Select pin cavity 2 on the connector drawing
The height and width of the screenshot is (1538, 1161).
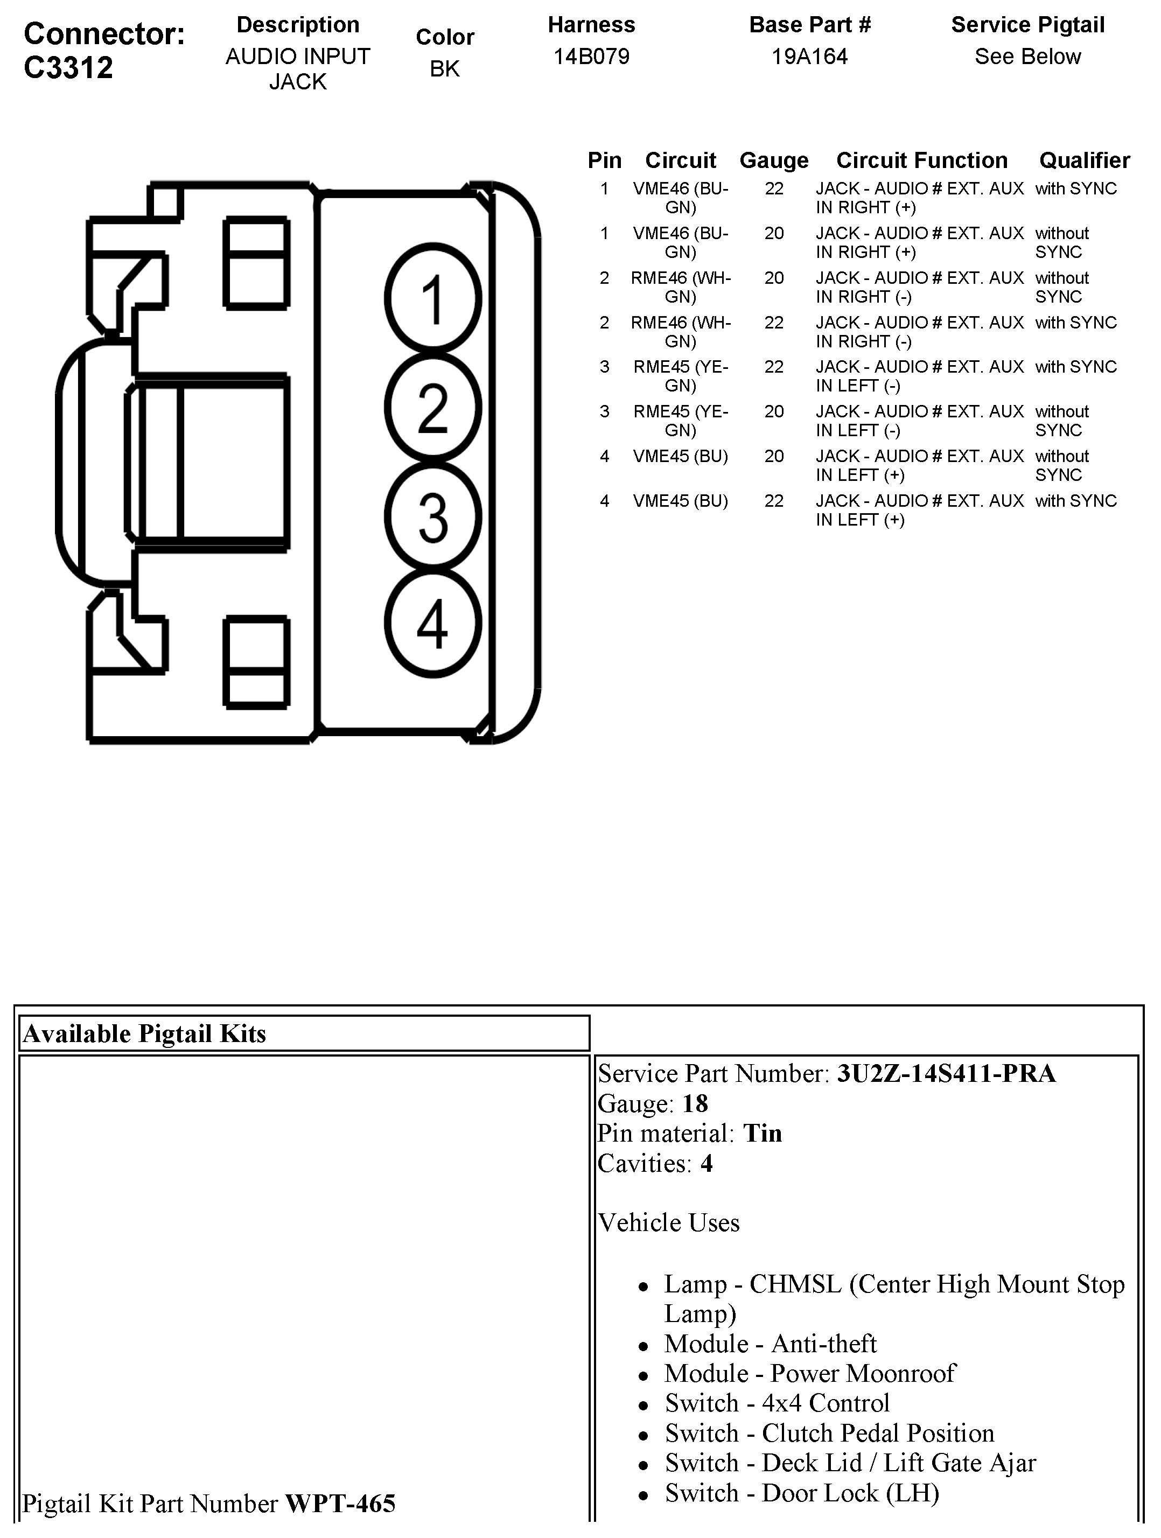pos(432,408)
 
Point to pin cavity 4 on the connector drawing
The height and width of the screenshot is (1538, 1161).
pos(432,624)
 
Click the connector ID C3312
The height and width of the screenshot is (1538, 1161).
pos(68,67)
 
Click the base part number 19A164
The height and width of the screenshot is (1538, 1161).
pos(809,57)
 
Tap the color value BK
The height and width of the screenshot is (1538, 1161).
pos(444,68)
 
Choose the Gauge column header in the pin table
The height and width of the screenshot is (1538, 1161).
pos(774,160)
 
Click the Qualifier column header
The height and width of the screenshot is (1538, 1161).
pos(1084,160)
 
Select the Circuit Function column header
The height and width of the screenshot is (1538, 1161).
pos(921,160)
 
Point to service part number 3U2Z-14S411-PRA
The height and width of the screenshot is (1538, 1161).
pos(946,1074)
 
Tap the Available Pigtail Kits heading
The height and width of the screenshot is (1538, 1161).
pos(145,1033)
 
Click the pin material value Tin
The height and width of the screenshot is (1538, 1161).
pos(762,1134)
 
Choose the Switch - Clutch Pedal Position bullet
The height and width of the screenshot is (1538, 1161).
pos(829,1433)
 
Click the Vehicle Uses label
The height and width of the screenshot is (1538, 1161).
pos(668,1222)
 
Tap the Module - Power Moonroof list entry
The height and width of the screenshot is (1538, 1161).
pos(809,1373)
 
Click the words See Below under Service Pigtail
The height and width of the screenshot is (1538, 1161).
pos(1027,57)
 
